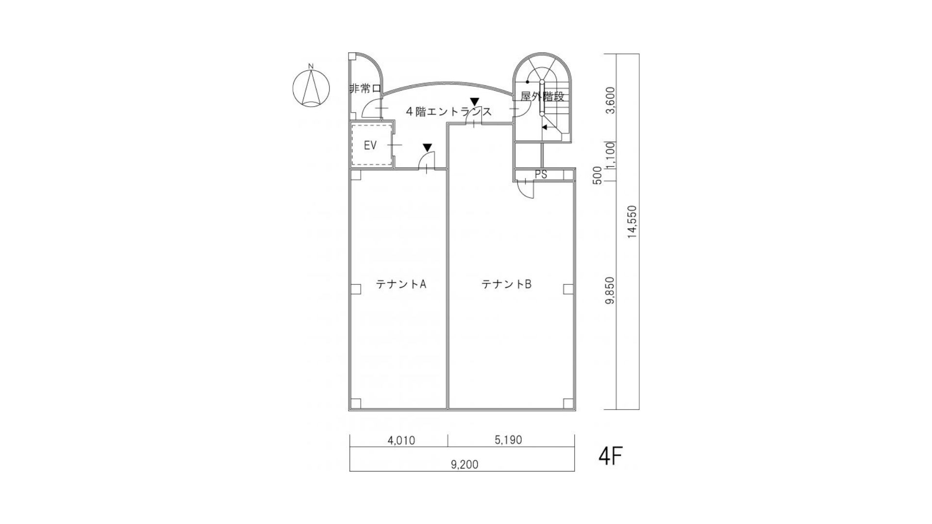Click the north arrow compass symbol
[311, 88]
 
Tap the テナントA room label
[401, 284]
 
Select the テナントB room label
[506, 284]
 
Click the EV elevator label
[370, 146]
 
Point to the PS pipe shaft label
[541, 175]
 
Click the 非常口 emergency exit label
[365, 89]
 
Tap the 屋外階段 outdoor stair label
[543, 97]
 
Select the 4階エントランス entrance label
[449, 112]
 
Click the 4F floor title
[611, 456]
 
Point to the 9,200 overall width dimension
[465, 465]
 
